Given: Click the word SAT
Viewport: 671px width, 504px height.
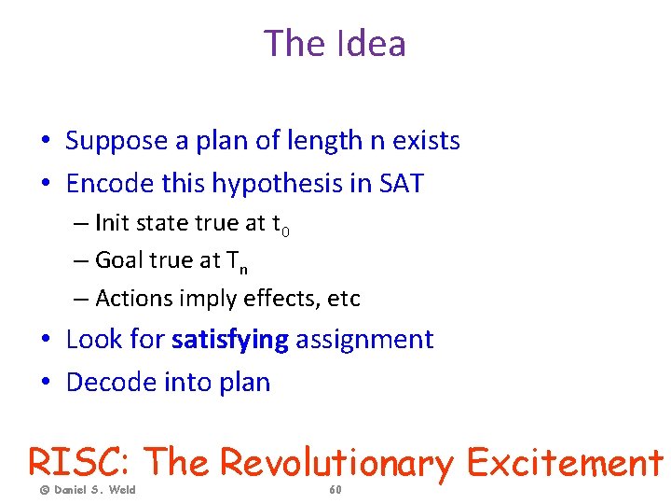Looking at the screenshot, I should pyautogui.click(x=401, y=184).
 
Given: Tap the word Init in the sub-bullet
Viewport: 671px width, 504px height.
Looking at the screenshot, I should pyautogui.click(x=112, y=224).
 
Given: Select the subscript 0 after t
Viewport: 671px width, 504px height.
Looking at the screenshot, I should pyautogui.click(x=285, y=230).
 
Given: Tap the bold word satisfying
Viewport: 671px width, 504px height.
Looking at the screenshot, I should pyautogui.click(x=230, y=339).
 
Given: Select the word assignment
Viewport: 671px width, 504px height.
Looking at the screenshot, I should pyautogui.click(x=365, y=340).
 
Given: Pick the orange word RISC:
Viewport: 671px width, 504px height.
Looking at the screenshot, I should pyautogui.click(x=83, y=461).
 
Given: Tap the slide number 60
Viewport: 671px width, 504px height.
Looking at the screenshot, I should pyautogui.click(x=335, y=489).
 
